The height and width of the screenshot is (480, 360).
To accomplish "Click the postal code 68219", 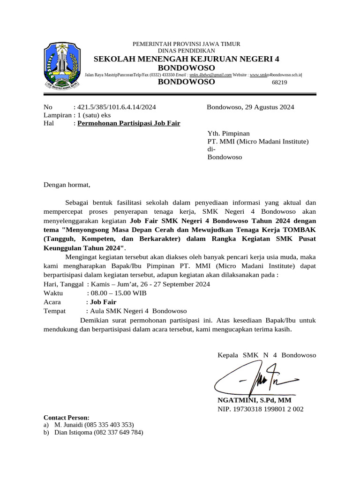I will (x=279, y=82).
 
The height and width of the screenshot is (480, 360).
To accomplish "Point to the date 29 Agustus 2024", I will (x=269, y=107).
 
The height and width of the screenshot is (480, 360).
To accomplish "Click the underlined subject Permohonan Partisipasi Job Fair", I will (x=129, y=123).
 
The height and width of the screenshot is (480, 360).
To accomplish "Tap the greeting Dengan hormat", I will (x=67, y=185).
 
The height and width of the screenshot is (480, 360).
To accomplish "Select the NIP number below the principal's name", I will (x=260, y=409).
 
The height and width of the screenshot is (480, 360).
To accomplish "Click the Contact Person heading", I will (x=67, y=418).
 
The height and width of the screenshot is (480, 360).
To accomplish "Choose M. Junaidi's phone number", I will (x=109, y=425).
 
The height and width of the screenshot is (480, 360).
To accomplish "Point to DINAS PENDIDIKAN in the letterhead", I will (x=187, y=51).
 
